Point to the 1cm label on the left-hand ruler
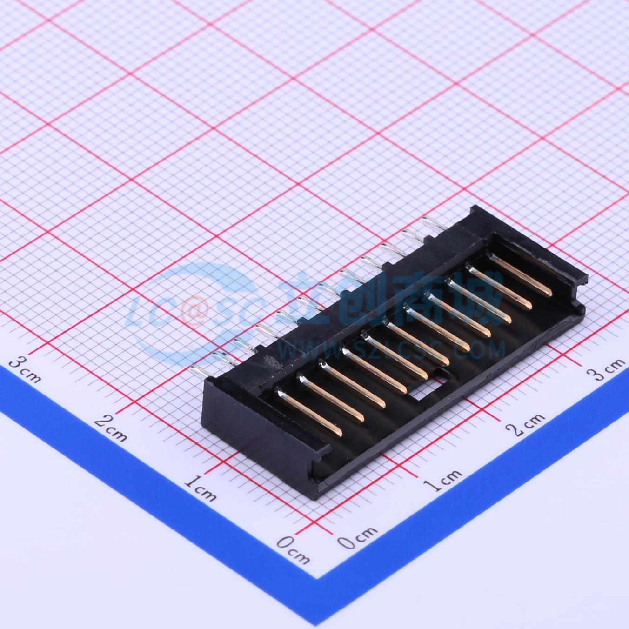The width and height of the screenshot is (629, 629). pyautogui.click(x=200, y=491)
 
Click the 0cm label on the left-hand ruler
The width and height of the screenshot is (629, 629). pyautogui.click(x=293, y=549)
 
